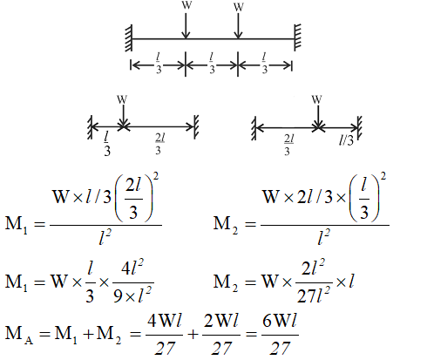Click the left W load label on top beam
[x=186, y=5]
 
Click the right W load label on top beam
[x=239, y=7]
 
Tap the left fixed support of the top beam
[x=129, y=38]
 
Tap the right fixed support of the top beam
[x=297, y=37]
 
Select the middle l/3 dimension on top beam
[x=212, y=63]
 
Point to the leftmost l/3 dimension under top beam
[x=159, y=63]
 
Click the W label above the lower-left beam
[x=122, y=99]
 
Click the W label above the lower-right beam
[x=316, y=99]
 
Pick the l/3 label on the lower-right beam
[x=346, y=140]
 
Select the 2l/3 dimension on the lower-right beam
[x=289, y=145]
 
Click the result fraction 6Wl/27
[x=280, y=335]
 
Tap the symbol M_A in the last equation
[x=19, y=334]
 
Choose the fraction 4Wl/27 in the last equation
[x=165, y=335]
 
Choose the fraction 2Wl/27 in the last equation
[x=221, y=335]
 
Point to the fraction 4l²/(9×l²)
[x=132, y=282]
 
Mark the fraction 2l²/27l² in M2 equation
[x=314, y=281]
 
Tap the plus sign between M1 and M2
[x=88, y=335]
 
